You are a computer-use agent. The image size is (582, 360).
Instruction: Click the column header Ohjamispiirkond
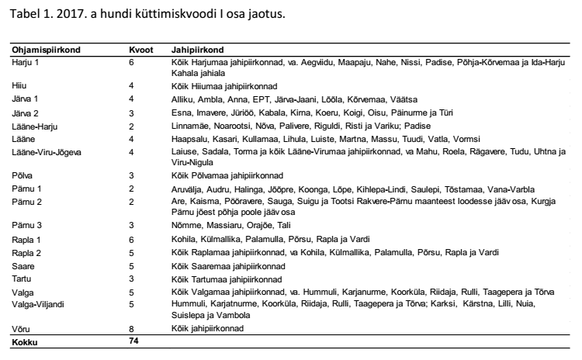pyautogui.click(x=46, y=49)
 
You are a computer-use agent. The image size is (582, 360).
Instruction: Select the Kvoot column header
pyautogui.click(x=140, y=49)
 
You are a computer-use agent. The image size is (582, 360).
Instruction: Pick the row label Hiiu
pyautogui.click(x=19, y=86)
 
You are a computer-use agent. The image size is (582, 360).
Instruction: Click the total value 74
pyautogui.click(x=134, y=341)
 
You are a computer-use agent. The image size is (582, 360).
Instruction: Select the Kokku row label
pyautogui.click(x=25, y=341)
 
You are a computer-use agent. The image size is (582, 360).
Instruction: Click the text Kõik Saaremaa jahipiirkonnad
pyautogui.click(x=228, y=266)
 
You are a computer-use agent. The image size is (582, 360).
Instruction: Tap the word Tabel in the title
pyautogui.click(x=22, y=13)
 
